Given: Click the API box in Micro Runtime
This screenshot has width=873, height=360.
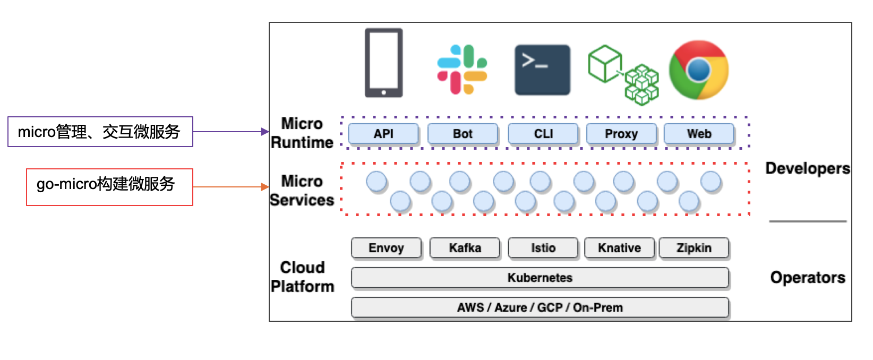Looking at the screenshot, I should click(383, 134).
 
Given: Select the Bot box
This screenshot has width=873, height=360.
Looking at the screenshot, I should click(463, 134).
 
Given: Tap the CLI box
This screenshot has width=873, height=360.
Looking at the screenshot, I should click(543, 134).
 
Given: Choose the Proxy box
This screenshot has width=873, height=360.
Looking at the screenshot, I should click(621, 134).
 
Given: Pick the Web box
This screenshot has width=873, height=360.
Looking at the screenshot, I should click(699, 134).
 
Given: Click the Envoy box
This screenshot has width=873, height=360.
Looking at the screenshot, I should click(386, 248).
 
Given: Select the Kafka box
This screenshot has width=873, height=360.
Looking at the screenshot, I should click(465, 248).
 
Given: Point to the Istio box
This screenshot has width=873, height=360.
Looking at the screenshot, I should click(543, 248).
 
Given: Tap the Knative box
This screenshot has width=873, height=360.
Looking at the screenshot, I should click(619, 248).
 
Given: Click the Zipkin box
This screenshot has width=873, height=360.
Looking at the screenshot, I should click(694, 248).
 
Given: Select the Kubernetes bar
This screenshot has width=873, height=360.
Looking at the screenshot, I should click(540, 278).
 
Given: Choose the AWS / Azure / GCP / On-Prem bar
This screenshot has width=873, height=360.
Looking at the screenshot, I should click(540, 307).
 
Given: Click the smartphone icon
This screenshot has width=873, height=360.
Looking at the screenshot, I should click(383, 63).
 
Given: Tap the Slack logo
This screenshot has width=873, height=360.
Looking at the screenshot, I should click(462, 70).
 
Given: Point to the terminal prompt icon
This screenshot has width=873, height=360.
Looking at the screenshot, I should click(542, 70).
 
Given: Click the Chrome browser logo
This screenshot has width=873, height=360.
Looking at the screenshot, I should click(698, 70).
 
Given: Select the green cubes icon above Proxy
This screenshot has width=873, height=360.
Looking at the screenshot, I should click(623, 74).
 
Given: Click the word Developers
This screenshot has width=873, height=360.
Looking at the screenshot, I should click(807, 168).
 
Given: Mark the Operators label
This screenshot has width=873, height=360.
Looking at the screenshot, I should click(808, 277).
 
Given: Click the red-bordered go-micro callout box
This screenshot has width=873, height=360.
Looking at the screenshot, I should click(109, 187).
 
